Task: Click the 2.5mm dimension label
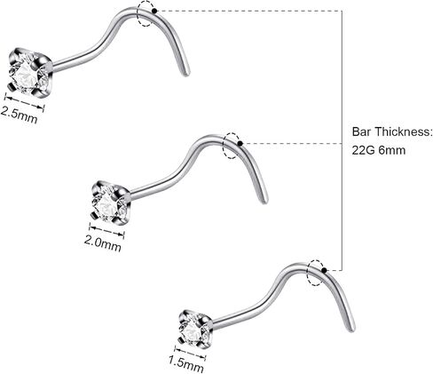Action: [x=20, y=115]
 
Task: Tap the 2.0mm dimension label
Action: [x=103, y=243]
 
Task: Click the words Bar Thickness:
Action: [x=392, y=131]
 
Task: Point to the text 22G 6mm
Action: [x=379, y=150]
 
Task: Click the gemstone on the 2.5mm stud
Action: [x=28, y=74]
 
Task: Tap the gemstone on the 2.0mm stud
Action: [x=109, y=204]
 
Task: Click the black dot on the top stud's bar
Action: [x=154, y=11]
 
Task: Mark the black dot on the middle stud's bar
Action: [x=240, y=144]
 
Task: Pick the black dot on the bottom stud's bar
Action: [x=324, y=270]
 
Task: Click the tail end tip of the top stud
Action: [x=187, y=74]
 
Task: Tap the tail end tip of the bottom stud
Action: [x=352, y=330]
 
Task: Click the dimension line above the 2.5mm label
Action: [x=25, y=102]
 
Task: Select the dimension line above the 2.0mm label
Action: [x=106, y=231]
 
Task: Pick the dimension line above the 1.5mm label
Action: [x=190, y=353]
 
